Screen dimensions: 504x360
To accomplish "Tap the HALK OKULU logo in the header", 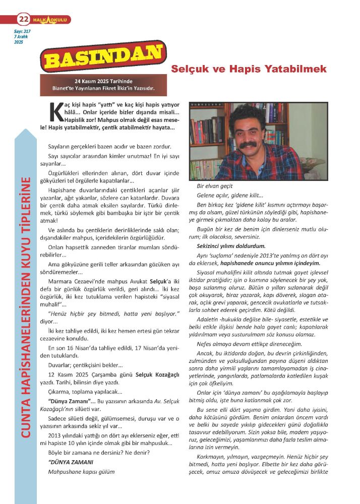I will (x=50, y=20).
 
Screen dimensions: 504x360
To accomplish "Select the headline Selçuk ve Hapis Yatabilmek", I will (x=249, y=69).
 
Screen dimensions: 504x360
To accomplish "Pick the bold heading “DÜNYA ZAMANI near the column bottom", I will (x=64, y=462).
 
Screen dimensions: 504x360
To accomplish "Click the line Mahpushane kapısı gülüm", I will (x=81, y=472).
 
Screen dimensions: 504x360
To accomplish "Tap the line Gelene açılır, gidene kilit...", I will (x=229, y=196).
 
